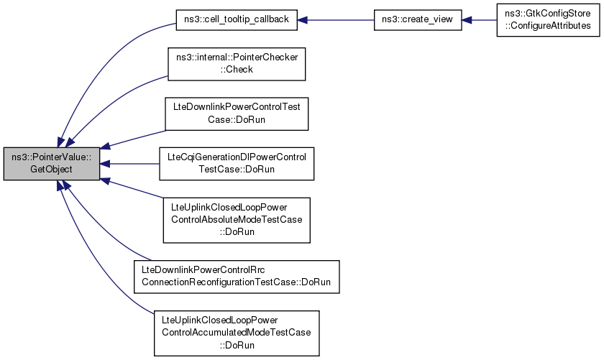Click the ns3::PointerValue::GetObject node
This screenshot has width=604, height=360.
52,164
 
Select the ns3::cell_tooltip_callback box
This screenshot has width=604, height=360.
237,20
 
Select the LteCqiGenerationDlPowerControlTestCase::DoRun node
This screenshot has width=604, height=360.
237,164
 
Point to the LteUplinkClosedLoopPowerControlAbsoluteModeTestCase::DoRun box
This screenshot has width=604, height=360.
237,219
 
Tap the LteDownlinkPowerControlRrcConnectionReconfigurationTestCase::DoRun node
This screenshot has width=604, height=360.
237,276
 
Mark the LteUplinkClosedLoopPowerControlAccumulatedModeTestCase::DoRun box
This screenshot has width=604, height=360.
237,331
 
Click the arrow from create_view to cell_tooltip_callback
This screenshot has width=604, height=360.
335,20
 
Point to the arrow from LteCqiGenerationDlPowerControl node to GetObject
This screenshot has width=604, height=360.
129,164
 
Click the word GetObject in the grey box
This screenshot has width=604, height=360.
52,170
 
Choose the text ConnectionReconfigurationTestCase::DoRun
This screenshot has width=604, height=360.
237,282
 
